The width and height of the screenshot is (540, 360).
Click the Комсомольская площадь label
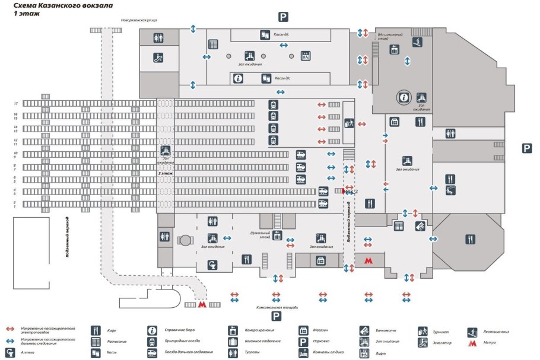(277, 308)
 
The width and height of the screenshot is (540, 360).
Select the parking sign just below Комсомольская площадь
(276, 317)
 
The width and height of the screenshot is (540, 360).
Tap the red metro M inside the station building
(369, 260)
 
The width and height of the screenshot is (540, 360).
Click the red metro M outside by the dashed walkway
(202, 304)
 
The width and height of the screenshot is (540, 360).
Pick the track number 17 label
(16, 104)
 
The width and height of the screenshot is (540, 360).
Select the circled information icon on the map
(404, 97)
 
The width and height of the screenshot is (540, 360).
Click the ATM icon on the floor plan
(420, 225)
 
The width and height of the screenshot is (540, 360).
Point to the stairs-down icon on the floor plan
(418, 42)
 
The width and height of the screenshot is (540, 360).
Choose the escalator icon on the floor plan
(158, 58)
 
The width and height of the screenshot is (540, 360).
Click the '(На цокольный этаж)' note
(387, 36)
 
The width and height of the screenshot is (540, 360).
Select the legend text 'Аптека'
(28, 352)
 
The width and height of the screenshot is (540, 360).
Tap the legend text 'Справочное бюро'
(182, 330)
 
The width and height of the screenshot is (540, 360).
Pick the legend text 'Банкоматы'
(386, 330)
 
